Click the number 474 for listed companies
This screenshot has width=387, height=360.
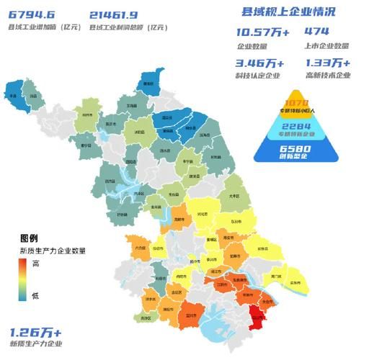pos(316,32)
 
